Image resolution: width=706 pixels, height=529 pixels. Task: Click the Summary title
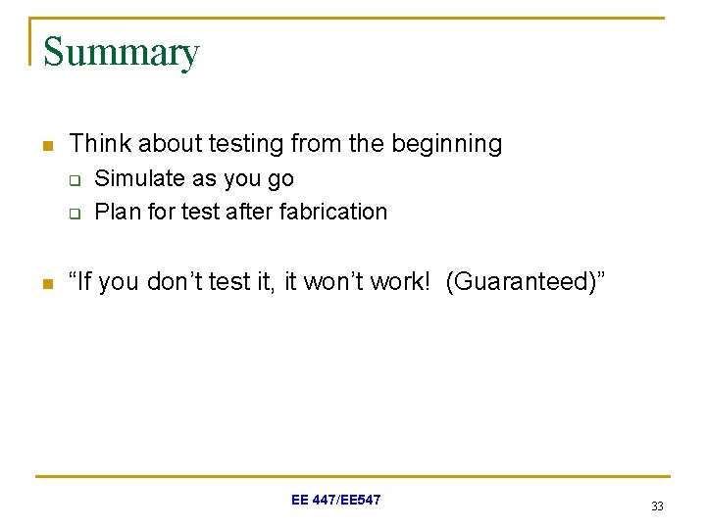(121, 52)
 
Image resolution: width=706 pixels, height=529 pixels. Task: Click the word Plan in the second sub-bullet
(115, 212)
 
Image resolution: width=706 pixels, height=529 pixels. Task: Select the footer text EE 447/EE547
(335, 500)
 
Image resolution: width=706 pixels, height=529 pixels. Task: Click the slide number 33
(657, 506)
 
